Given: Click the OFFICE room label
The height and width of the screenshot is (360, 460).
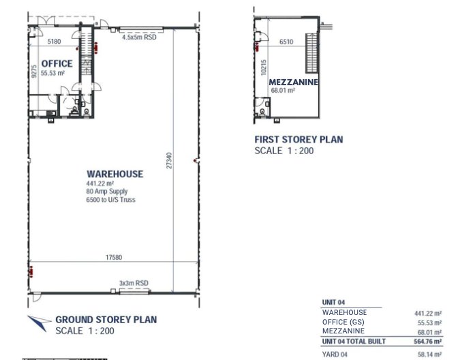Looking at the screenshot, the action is coord(57,63).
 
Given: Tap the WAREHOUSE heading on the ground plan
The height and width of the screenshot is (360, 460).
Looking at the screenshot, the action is coord(115,174).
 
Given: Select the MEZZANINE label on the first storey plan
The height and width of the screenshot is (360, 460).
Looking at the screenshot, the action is coord(293,82).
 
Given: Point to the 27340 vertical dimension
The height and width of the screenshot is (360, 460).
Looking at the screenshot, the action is coord(169,160).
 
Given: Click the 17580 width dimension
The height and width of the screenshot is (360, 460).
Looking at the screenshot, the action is coord(114,257).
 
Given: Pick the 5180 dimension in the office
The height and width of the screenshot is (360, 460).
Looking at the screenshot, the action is coord(55,42).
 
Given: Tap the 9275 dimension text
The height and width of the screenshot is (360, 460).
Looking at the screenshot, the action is coord(34,72).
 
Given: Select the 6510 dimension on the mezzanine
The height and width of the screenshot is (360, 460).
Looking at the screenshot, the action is coord(286,42).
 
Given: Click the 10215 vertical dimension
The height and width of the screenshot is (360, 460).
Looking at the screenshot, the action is coord(264,67).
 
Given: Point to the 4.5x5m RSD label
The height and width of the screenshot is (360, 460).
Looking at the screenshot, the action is coord(139,37).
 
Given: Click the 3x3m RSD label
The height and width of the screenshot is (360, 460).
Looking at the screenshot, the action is coord(134,283).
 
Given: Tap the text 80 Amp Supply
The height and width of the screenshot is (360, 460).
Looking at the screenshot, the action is coord(107,192).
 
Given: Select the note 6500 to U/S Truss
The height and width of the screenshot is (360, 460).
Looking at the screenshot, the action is coord(111,200).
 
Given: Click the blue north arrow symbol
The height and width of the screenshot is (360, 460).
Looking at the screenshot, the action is coord(39,322).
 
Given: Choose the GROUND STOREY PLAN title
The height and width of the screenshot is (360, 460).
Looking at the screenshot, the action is coord(106,320).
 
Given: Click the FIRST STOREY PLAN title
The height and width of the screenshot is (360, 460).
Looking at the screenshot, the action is coord(298,139).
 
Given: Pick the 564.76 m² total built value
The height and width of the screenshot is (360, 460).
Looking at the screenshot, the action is coord(428,342).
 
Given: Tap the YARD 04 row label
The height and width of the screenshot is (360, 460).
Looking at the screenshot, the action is coord(335,355).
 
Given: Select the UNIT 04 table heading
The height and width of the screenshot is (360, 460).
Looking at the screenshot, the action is coord(333,302).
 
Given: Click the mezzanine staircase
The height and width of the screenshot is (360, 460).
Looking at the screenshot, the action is coord(312,53).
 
